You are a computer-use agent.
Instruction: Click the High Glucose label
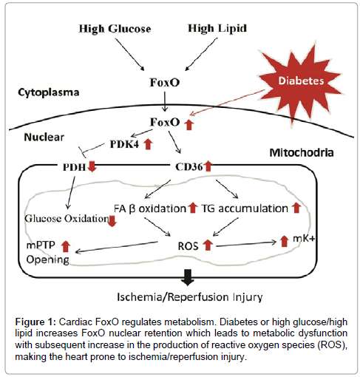[x=115, y=29]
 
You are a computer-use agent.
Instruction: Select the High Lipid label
[x=217, y=29]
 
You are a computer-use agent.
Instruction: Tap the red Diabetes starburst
[x=301, y=81]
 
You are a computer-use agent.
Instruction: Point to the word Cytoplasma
[x=49, y=92]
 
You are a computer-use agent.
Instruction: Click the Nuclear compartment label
[x=44, y=137]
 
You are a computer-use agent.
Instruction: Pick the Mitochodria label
[x=302, y=153]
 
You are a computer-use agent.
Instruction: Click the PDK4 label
[x=124, y=144]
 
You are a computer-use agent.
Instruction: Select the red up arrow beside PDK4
[x=148, y=144]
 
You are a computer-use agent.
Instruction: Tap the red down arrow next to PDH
[x=92, y=166]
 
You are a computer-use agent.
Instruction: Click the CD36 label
[x=189, y=167]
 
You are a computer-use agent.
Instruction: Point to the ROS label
[x=188, y=246]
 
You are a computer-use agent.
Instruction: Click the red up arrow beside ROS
[x=208, y=245]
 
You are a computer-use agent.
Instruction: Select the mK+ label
[x=304, y=239]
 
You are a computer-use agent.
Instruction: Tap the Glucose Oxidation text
[x=67, y=218]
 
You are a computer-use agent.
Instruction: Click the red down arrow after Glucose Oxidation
[x=112, y=221]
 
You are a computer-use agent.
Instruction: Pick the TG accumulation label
[x=245, y=208]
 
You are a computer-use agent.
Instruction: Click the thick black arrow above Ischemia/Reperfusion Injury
[x=188, y=277]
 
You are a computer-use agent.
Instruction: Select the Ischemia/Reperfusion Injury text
[x=190, y=297]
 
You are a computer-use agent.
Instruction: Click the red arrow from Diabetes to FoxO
[x=226, y=103]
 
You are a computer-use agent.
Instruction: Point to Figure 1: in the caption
[x=35, y=322]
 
